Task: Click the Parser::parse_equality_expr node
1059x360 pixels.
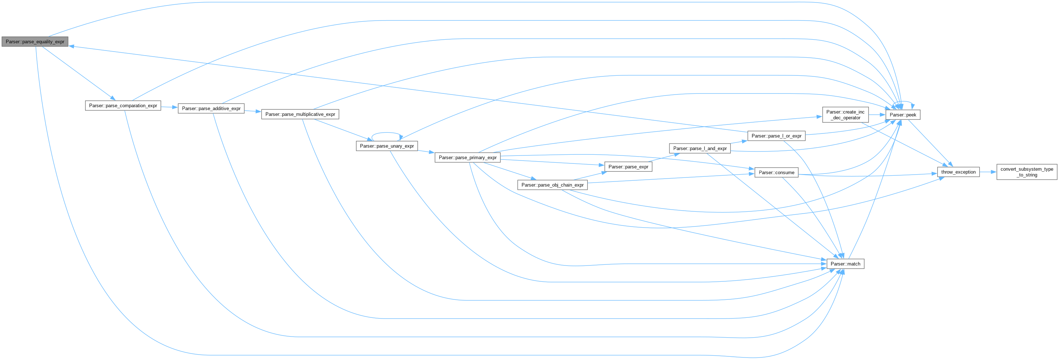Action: tap(35, 42)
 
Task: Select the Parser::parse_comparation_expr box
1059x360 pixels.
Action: tap(123, 106)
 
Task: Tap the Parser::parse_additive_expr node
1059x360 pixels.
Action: tap(211, 109)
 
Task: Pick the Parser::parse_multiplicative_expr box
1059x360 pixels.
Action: tap(300, 114)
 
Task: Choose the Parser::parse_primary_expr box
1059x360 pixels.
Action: tap(467, 157)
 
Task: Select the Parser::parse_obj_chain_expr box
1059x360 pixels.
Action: tap(552, 185)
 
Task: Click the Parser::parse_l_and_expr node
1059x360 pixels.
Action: tap(700, 148)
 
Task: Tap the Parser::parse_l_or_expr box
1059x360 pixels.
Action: tap(776, 136)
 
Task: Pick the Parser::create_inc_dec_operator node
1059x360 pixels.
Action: tap(845, 115)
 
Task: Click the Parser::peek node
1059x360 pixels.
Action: tap(903, 115)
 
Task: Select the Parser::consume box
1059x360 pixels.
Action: tap(776, 172)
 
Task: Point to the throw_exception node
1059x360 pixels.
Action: tap(958, 172)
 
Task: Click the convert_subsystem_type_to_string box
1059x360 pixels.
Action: tap(1027, 172)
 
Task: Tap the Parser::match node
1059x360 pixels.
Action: tap(845, 264)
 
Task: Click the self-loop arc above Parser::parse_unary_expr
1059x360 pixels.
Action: tap(386, 133)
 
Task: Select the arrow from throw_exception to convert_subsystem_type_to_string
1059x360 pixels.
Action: tap(988, 172)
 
